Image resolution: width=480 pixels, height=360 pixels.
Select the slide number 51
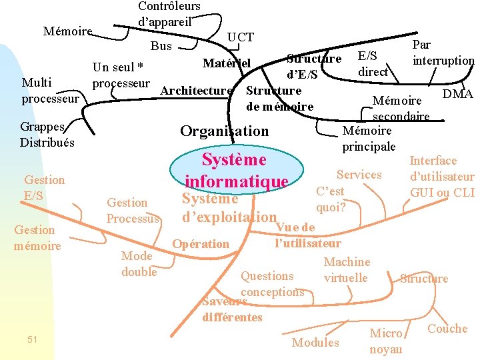[x=33, y=340]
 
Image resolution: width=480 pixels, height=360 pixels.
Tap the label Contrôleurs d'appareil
[x=169, y=13]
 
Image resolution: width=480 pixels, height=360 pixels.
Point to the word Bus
[x=161, y=46]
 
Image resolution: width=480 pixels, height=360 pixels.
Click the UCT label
[x=241, y=37]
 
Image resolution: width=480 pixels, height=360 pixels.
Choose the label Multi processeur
[x=50, y=91]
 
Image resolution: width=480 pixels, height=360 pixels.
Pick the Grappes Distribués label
[x=47, y=134]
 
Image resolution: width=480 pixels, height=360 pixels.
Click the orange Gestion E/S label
[x=44, y=187]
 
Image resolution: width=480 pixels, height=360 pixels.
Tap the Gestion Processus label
[x=133, y=210]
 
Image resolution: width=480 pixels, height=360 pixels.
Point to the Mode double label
[x=139, y=263]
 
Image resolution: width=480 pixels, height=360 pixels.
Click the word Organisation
[x=225, y=131]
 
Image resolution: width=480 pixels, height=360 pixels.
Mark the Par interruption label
[x=443, y=53]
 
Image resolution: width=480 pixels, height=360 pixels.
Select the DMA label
[x=457, y=94]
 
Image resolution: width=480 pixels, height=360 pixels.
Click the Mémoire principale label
[x=369, y=138]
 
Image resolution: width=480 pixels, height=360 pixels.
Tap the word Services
[x=359, y=175]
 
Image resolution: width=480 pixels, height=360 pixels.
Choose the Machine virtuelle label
[x=346, y=269]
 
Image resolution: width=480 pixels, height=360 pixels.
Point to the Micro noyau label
[x=386, y=341]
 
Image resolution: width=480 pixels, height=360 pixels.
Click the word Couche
[x=447, y=328]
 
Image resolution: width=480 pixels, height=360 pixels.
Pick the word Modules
[x=315, y=342]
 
